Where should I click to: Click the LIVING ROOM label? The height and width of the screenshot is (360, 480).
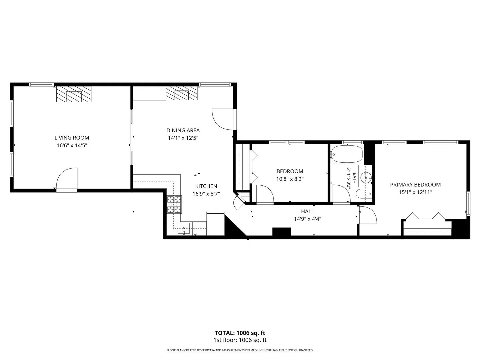[72, 138]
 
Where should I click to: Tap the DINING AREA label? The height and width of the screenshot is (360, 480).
[183, 130]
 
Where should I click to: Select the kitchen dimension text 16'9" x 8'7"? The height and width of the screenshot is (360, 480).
[206, 194]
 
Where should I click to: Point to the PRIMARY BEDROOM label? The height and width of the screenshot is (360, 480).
[415, 185]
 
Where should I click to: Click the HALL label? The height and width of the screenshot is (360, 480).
[307, 211]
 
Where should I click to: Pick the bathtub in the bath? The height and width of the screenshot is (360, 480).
[347, 154]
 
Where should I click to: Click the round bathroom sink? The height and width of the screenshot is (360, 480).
[366, 177]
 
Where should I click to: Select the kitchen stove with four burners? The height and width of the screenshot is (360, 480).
[174, 204]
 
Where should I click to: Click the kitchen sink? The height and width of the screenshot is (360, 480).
[184, 228]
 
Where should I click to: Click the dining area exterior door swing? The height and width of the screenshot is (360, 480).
[222, 119]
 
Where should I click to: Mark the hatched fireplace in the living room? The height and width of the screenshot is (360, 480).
[74, 94]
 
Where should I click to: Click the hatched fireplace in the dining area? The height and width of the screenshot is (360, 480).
[182, 93]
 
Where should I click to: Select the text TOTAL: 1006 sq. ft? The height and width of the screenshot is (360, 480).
[240, 333]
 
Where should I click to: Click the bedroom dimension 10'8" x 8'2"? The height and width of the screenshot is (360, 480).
[290, 179]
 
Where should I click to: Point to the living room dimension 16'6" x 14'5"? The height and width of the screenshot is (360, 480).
[72, 145]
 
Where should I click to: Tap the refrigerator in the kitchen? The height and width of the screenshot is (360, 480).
[215, 224]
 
